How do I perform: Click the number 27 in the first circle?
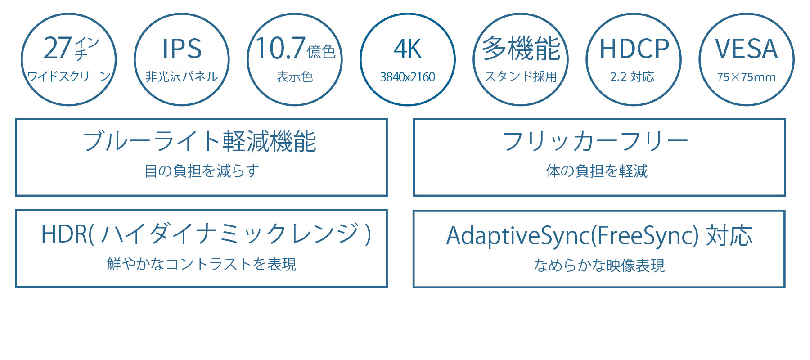coord(58,48)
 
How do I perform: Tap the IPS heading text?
coord(182,49)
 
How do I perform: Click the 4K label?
coord(408,49)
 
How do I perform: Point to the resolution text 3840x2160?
coord(408,77)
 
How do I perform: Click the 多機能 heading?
coord(521,48)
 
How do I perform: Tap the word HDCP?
coord(634,49)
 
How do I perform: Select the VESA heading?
coord(747,49)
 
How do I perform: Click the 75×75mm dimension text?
coord(747,77)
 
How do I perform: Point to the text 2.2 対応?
coord(632,76)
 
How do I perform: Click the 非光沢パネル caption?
coord(182,76)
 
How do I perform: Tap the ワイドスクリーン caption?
coord(69,76)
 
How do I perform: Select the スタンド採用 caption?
coord(521,76)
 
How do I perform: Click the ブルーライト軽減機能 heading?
coord(200,141)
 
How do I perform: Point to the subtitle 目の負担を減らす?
coord(202,171)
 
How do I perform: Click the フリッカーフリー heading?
coord(595,141)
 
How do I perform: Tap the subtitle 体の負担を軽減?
coord(597,171)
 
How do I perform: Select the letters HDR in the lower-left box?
coord(64,234)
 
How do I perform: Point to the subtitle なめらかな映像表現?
coord(599,265)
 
